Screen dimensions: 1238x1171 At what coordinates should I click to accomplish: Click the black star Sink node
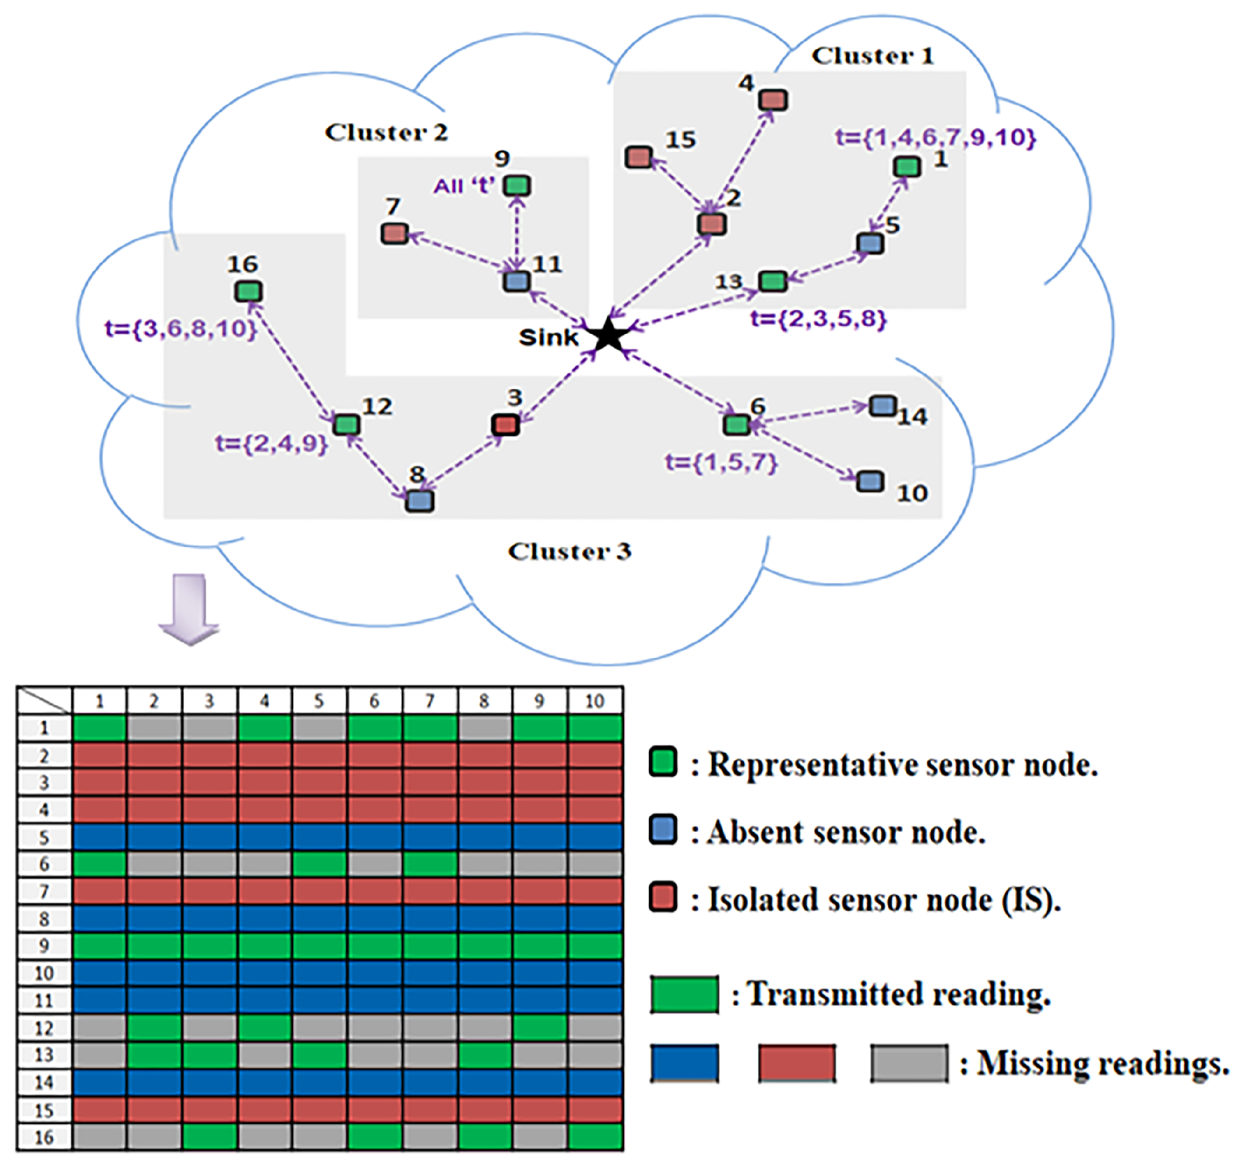tap(608, 335)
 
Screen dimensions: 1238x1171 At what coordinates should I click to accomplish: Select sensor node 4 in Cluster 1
tap(773, 100)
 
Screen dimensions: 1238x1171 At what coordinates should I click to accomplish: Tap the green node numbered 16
tap(249, 291)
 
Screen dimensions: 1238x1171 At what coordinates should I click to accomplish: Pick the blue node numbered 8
tap(419, 501)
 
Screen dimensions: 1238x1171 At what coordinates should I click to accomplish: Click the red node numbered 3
tap(505, 425)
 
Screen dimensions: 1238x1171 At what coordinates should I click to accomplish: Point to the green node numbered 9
tap(517, 185)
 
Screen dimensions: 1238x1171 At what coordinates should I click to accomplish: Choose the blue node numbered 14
tap(883, 407)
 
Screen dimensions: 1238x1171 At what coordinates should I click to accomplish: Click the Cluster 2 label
tap(387, 132)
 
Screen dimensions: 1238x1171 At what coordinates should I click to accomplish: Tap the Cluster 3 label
tap(569, 551)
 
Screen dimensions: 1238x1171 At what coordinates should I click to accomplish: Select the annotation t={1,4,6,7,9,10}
tap(935, 137)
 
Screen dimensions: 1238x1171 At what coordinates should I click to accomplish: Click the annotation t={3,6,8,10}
tap(180, 329)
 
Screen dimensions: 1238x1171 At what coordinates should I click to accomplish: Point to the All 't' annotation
tap(465, 186)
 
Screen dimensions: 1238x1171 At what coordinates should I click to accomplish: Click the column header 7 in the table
tap(429, 701)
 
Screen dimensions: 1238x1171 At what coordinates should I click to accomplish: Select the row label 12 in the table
tap(44, 1028)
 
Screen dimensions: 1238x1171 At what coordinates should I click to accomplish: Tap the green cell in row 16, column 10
tap(595, 1136)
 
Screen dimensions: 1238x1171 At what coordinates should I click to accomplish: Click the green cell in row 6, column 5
tap(319, 864)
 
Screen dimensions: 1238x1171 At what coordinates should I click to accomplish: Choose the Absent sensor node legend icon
tap(662, 829)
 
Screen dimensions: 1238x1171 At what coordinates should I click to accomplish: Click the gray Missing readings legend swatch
tap(909, 1063)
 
